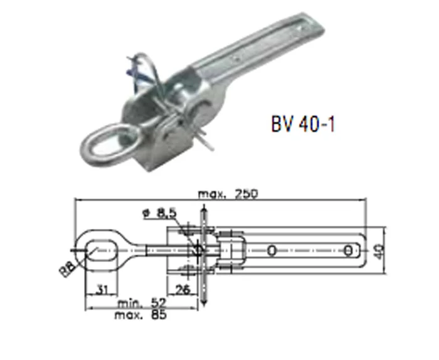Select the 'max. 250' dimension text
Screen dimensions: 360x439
[219, 194]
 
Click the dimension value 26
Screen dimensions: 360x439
[182, 289]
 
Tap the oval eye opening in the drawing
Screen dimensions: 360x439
[100, 250]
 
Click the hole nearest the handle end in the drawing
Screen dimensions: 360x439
[347, 251]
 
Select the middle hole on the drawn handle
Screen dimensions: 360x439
[271, 251]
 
